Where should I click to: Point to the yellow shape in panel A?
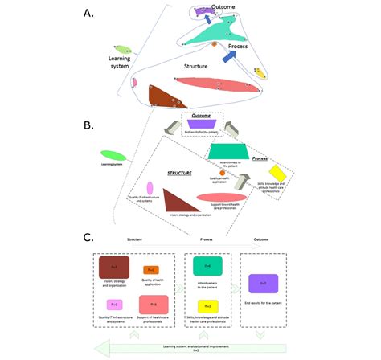coord(261,72)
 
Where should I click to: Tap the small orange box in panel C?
coord(151,270)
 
